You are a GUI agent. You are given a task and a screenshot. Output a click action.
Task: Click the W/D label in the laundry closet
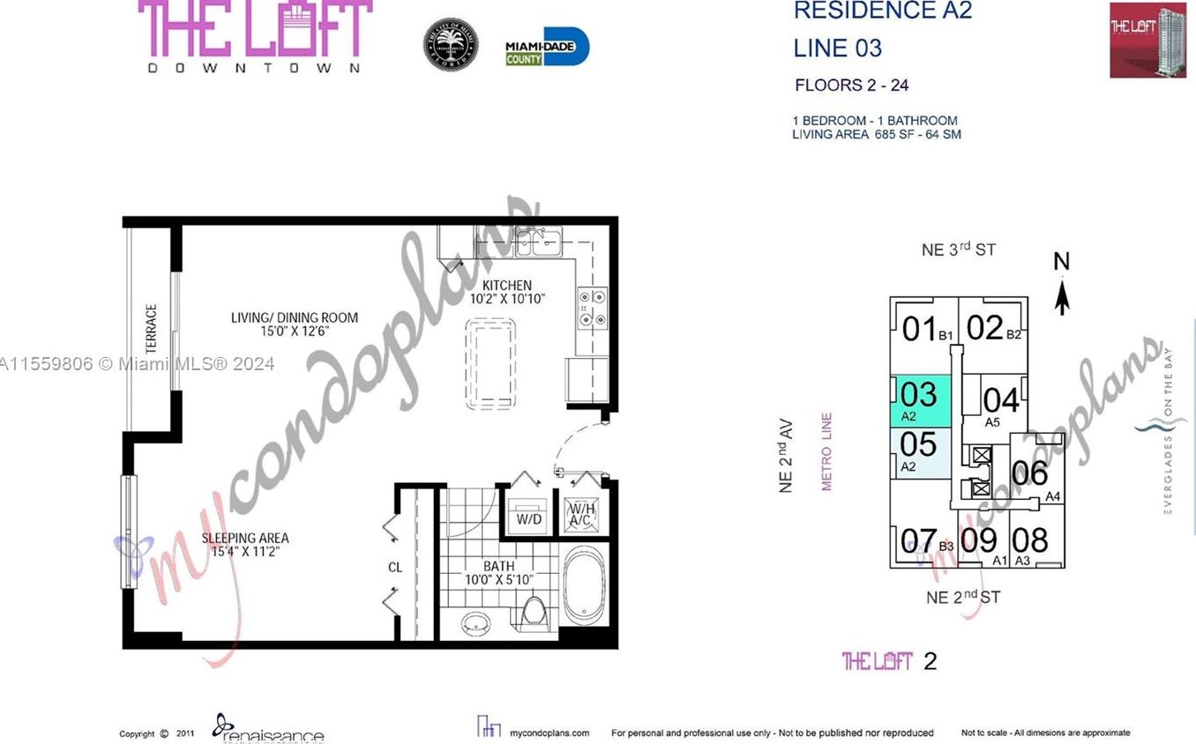tap(528, 519)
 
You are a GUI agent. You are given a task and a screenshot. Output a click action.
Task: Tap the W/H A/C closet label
tap(581, 515)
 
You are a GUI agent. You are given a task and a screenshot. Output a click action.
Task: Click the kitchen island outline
tap(490, 363)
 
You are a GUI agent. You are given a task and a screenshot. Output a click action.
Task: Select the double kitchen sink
tap(539, 241)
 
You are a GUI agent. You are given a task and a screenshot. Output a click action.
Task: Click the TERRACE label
tap(151, 329)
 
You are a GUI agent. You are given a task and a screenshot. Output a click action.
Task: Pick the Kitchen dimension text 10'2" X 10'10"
tap(506, 300)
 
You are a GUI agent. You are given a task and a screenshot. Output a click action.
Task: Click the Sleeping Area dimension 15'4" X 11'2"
tap(244, 553)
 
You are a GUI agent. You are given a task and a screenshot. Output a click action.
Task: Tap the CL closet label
tap(395, 567)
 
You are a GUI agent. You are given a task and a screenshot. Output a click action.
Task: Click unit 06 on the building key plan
tap(1029, 474)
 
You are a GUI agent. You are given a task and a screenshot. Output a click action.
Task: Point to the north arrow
tap(1062, 286)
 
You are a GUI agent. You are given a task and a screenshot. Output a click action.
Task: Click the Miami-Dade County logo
tap(547, 47)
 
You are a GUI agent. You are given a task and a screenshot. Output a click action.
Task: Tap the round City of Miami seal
tap(450, 44)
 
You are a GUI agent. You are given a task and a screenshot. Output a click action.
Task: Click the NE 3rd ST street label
tap(958, 249)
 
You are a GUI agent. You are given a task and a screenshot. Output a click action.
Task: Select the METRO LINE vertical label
tap(827, 451)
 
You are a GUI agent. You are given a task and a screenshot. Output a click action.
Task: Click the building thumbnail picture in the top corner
tap(1147, 40)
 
